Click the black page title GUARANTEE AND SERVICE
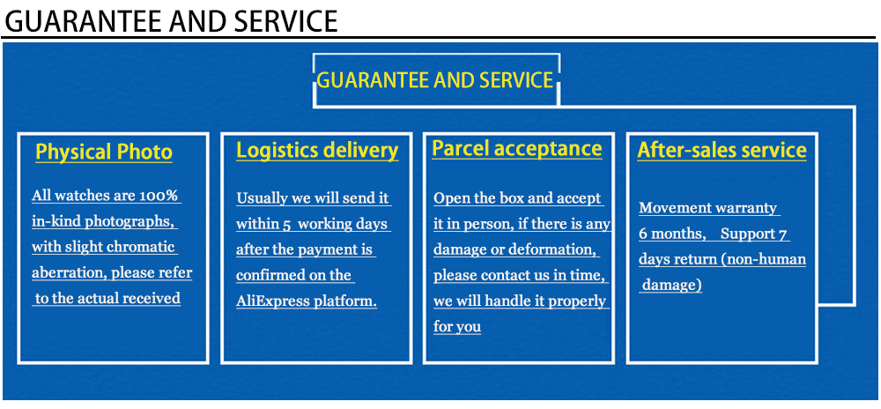tap(170, 19)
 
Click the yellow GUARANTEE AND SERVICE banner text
tap(434, 81)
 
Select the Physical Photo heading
tap(104, 152)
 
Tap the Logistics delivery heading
tap(317, 151)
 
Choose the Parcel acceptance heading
tap(517, 149)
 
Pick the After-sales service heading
tap(722, 151)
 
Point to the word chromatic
tap(142, 247)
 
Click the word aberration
tap(69, 272)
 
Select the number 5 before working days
tap(287, 224)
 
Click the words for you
tap(457, 327)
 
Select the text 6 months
tap(671, 234)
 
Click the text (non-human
tap(762, 259)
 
